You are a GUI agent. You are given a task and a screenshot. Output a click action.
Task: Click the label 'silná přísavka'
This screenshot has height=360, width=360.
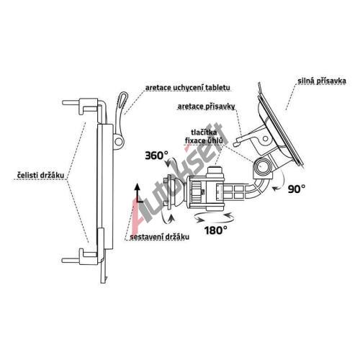coord(322,81)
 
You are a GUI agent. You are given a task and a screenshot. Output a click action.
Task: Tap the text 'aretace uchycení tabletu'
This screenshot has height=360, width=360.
coord(187,88)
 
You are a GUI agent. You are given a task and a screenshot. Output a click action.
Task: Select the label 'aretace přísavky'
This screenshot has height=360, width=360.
coord(206,107)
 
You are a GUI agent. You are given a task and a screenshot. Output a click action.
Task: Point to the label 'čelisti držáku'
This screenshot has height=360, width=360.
coord(41,175)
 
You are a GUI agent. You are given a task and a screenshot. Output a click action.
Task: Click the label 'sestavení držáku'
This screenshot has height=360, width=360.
coord(159,237)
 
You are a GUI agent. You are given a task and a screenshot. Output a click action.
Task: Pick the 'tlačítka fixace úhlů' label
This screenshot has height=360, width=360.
coord(204,136)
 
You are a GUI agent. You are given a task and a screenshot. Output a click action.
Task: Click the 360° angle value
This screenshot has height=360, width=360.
coord(156,156)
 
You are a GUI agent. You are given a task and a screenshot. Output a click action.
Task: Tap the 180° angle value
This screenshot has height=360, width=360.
coord(216,230)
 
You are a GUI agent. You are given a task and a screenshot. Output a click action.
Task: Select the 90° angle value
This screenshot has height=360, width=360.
coord(297,189)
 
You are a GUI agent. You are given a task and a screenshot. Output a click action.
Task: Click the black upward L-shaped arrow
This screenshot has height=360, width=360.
coord(138,194)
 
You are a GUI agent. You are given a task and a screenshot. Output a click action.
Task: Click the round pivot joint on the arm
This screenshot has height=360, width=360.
coord(262,167)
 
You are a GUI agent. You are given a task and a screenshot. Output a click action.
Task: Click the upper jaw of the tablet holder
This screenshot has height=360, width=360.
coord(83,106)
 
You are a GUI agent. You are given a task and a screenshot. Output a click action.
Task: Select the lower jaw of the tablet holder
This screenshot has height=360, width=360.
coord(82,257)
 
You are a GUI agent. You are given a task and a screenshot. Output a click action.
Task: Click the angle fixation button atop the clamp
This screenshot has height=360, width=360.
coord(216,171)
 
